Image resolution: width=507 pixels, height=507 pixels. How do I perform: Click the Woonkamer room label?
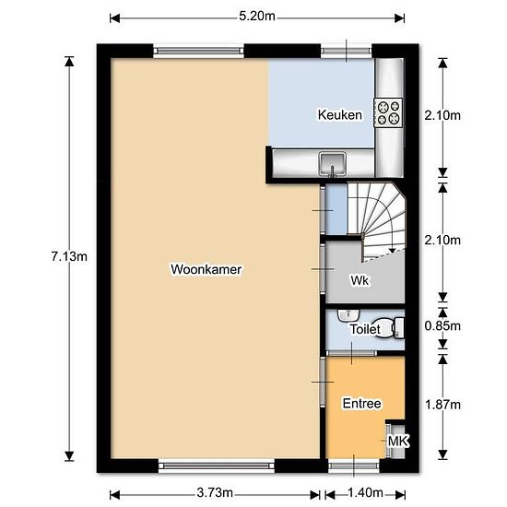[206, 269]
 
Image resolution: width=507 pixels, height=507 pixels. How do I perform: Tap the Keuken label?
[339, 115]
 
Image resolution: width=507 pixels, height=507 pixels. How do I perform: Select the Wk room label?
[360, 280]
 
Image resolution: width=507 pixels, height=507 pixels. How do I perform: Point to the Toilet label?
[365, 329]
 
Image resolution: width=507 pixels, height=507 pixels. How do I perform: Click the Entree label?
[362, 404]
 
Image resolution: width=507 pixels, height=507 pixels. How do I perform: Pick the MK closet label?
[398, 441]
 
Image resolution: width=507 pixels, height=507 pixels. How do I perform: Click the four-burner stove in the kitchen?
[388, 112]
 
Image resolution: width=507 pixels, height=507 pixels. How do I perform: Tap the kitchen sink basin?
[332, 163]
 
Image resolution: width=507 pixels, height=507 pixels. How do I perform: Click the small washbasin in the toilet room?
[348, 315]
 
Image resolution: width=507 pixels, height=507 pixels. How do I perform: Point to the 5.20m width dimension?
[257, 17]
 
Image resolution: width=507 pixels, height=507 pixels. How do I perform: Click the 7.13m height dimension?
[69, 257]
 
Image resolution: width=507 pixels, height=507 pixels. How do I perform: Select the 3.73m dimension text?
[215, 493]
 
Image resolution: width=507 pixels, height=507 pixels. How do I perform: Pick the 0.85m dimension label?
[442, 326]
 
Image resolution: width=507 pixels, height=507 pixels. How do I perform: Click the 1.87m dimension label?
[442, 405]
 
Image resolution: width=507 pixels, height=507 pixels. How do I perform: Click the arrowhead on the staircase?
[392, 250]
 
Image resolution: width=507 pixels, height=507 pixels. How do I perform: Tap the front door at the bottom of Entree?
[354, 466]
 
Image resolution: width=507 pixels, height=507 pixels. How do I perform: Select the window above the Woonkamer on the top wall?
[198, 51]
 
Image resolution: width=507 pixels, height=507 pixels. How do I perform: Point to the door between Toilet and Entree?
[351, 353]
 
